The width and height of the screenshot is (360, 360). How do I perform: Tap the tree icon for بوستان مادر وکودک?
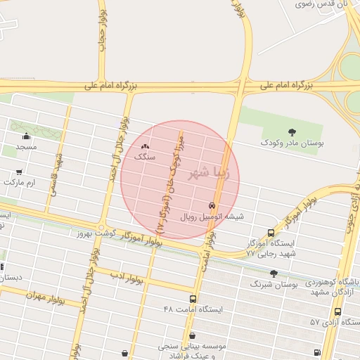pyautogui.click(x=292, y=131)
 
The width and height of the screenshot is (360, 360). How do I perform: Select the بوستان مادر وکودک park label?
pyautogui.click(x=292, y=143)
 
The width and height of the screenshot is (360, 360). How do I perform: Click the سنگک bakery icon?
pyautogui.click(x=145, y=146)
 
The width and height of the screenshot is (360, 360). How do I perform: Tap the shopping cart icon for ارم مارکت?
pyautogui.click(x=19, y=172)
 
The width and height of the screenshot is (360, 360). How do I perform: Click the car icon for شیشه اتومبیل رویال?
pyautogui.click(x=212, y=206)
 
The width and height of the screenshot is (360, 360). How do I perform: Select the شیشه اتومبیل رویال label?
pyautogui.click(x=212, y=217)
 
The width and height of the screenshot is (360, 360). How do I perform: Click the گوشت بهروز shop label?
pyautogui.click(x=94, y=231)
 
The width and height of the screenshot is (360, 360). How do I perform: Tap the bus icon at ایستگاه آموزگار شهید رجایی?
pyautogui.click(x=271, y=233)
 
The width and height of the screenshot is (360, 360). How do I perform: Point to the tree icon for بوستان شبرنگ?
pyautogui.click(x=274, y=274)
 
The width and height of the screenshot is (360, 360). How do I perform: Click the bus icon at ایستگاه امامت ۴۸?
pyautogui.click(x=193, y=299)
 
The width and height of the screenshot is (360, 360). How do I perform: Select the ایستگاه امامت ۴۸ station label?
pyautogui.click(x=193, y=309)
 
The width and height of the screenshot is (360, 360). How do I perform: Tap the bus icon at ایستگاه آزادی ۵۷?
pyautogui.click(x=338, y=311)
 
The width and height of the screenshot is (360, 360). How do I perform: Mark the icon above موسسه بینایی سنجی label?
pyautogui.click(x=192, y=336)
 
